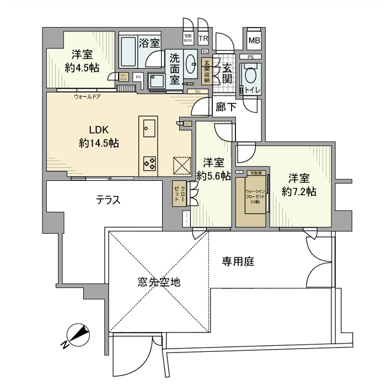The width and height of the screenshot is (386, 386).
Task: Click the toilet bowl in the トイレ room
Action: pos(250,77)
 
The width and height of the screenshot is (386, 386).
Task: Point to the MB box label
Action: pos(254,40)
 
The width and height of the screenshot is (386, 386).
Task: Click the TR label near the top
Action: pos(203,39)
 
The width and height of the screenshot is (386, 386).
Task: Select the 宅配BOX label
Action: pos(188,39)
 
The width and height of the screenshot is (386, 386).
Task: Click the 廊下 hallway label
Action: pos(223,108)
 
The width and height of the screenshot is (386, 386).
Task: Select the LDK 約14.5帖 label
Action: pos(99,136)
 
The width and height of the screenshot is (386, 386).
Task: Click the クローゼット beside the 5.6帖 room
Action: pos(180,194)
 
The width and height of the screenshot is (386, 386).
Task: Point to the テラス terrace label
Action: pos(109,200)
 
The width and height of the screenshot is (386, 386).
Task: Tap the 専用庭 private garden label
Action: pos(238,262)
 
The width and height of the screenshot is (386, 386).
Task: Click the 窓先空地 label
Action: pos(159,282)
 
